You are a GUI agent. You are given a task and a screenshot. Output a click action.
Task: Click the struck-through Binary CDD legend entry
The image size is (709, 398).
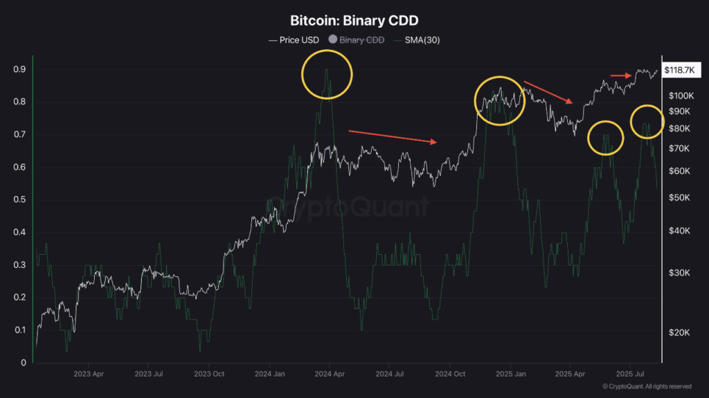click(357, 39)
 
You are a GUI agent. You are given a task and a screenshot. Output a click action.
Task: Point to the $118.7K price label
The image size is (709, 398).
click(683, 71)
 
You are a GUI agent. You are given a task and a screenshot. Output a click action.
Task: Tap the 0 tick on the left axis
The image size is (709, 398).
click(24, 363)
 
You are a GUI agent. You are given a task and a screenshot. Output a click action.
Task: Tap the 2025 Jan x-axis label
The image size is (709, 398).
click(510, 373)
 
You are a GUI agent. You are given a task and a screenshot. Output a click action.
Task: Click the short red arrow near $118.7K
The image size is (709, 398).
click(620, 75)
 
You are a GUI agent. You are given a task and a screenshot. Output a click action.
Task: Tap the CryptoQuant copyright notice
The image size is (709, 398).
click(647, 386)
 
